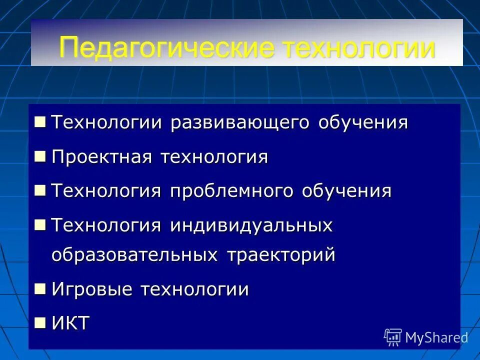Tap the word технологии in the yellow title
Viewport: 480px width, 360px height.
click(358, 48)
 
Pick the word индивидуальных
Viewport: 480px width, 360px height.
click(251, 225)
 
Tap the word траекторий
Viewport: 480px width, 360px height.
click(281, 255)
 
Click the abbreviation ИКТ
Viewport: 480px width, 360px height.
click(70, 323)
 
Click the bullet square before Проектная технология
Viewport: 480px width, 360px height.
click(40, 156)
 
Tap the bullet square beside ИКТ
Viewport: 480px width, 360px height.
click(40, 322)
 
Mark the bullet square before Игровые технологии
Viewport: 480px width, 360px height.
click(40, 288)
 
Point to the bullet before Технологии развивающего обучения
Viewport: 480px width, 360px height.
click(40, 121)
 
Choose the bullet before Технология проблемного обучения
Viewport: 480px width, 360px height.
click(40, 190)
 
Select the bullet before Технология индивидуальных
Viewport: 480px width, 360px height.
click(40, 224)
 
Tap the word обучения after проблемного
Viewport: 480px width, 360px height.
click(346, 191)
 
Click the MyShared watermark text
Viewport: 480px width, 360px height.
click(436, 338)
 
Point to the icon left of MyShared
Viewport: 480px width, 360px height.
click(393, 337)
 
